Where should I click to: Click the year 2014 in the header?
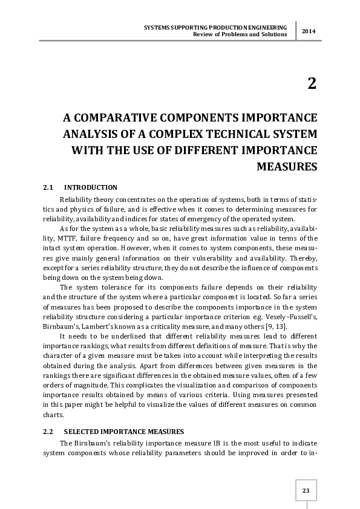pyautogui.click(x=309, y=31)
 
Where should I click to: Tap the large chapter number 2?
pyautogui.click(x=312, y=83)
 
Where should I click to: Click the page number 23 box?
pyautogui.click(x=306, y=490)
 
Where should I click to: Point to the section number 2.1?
pyautogui.click(x=48, y=187)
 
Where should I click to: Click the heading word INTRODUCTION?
pyautogui.click(x=90, y=187)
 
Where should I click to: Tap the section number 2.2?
pyautogui.click(x=48, y=433)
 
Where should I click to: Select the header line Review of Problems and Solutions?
pyautogui.click(x=239, y=34)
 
